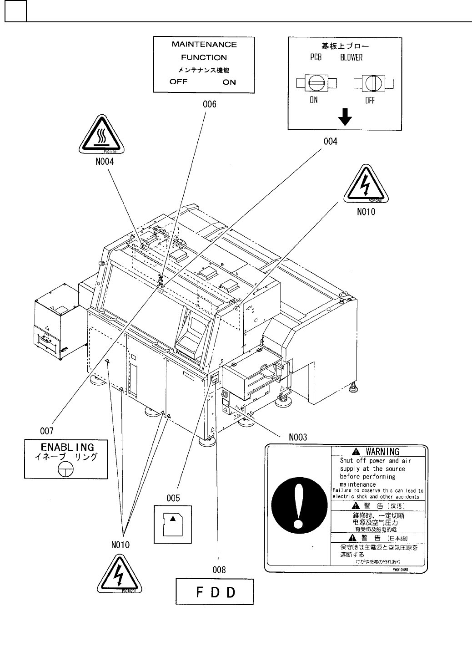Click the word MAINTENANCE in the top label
204,45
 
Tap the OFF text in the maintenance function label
178,82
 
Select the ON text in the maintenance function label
229,82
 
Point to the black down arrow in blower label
345,118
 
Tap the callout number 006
210,104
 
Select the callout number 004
330,142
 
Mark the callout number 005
173,498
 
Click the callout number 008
219,569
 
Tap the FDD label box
215,592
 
